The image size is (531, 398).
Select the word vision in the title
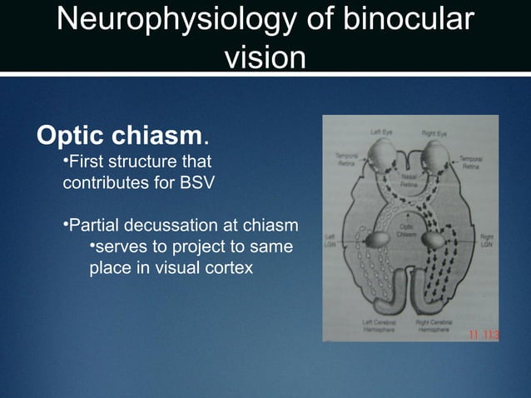click(x=265, y=57)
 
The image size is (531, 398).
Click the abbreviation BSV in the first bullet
click(x=201, y=183)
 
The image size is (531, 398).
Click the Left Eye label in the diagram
click(x=382, y=132)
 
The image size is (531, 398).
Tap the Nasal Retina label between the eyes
click(x=409, y=183)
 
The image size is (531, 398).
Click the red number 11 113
click(x=483, y=336)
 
